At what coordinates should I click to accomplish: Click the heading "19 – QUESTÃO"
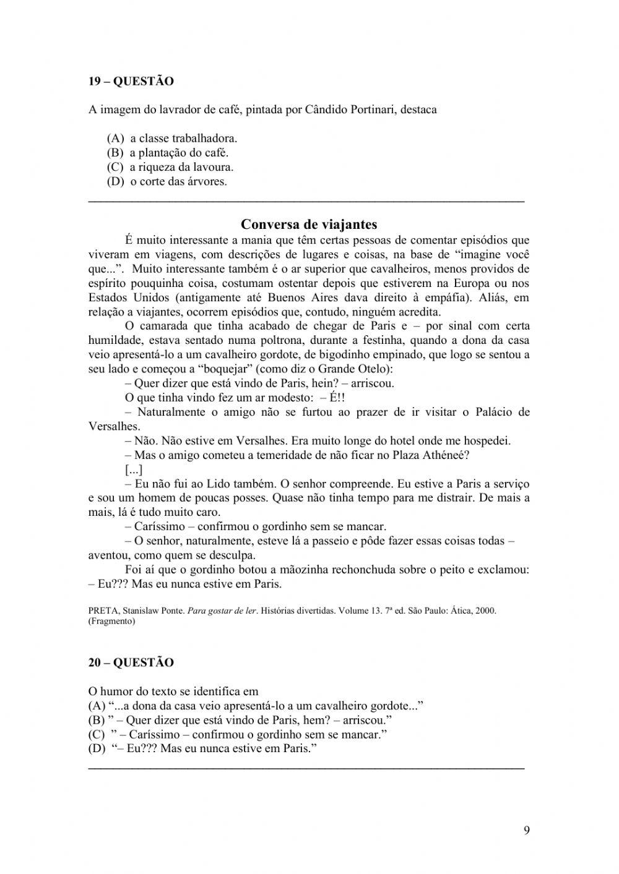pos(131,81)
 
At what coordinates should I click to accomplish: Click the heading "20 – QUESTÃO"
pos(131,662)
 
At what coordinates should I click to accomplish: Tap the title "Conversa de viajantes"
pos(309,224)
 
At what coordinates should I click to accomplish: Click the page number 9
pos(526,830)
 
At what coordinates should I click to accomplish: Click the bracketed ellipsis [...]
pos(134,469)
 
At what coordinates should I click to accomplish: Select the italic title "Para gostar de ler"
pos(222,611)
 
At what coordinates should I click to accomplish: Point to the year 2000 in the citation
pos(486,611)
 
